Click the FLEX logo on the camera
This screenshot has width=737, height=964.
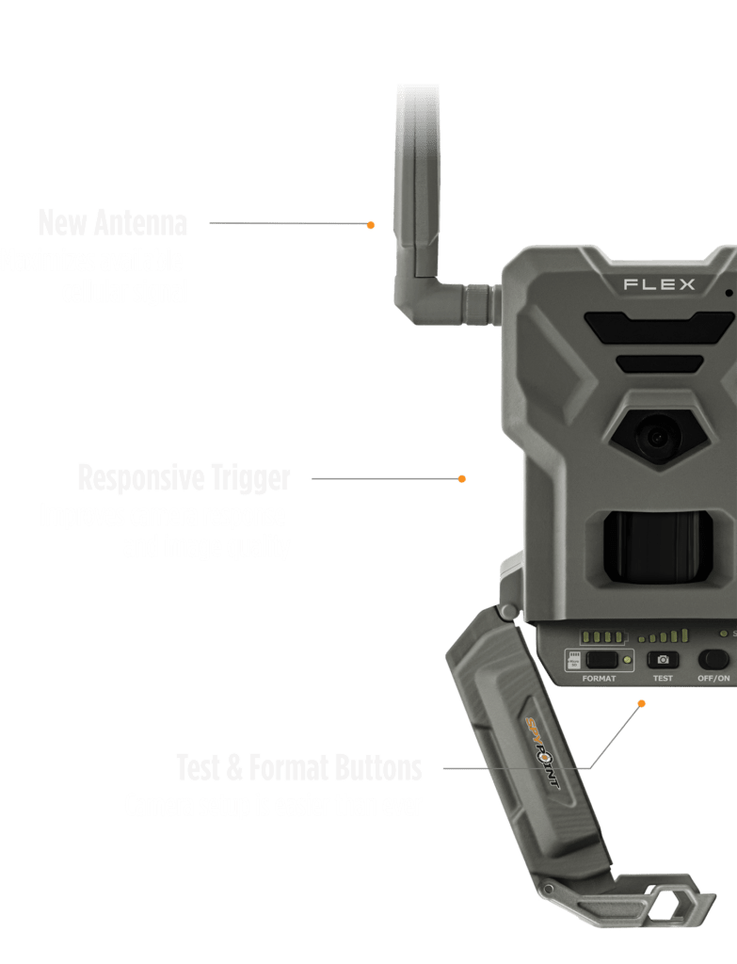(659, 283)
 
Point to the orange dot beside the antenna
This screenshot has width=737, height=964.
(371, 225)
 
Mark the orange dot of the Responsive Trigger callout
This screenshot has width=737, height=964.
(462, 479)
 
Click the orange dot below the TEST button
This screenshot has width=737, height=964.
(642, 702)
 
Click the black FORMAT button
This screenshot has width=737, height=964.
(600, 660)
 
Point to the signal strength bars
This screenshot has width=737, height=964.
(665, 636)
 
